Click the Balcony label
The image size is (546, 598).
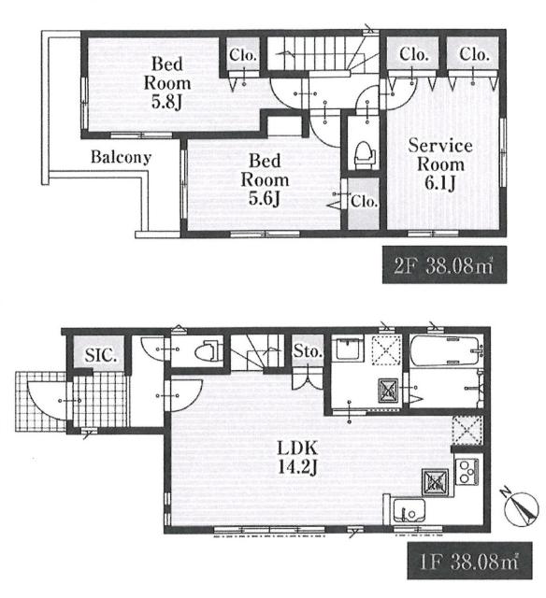[x=121, y=157]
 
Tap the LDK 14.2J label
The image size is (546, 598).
[x=297, y=457]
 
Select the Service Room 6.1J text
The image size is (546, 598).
[x=440, y=164]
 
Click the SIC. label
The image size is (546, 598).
[x=100, y=355]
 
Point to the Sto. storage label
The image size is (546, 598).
[x=308, y=351]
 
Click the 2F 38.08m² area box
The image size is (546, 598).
[x=444, y=264]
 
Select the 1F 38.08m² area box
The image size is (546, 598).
[x=469, y=561]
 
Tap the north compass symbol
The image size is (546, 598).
[x=521, y=507]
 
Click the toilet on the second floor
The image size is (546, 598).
[x=364, y=155]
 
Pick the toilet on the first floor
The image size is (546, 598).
[x=208, y=350]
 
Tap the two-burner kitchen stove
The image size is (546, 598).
[x=468, y=471]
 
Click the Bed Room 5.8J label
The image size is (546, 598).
[x=167, y=83]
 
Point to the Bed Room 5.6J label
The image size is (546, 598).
[x=265, y=179]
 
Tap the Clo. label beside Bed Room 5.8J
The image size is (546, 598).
[x=242, y=55]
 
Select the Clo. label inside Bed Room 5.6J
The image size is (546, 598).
[x=365, y=201]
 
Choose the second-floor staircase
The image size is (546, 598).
[x=322, y=54]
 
